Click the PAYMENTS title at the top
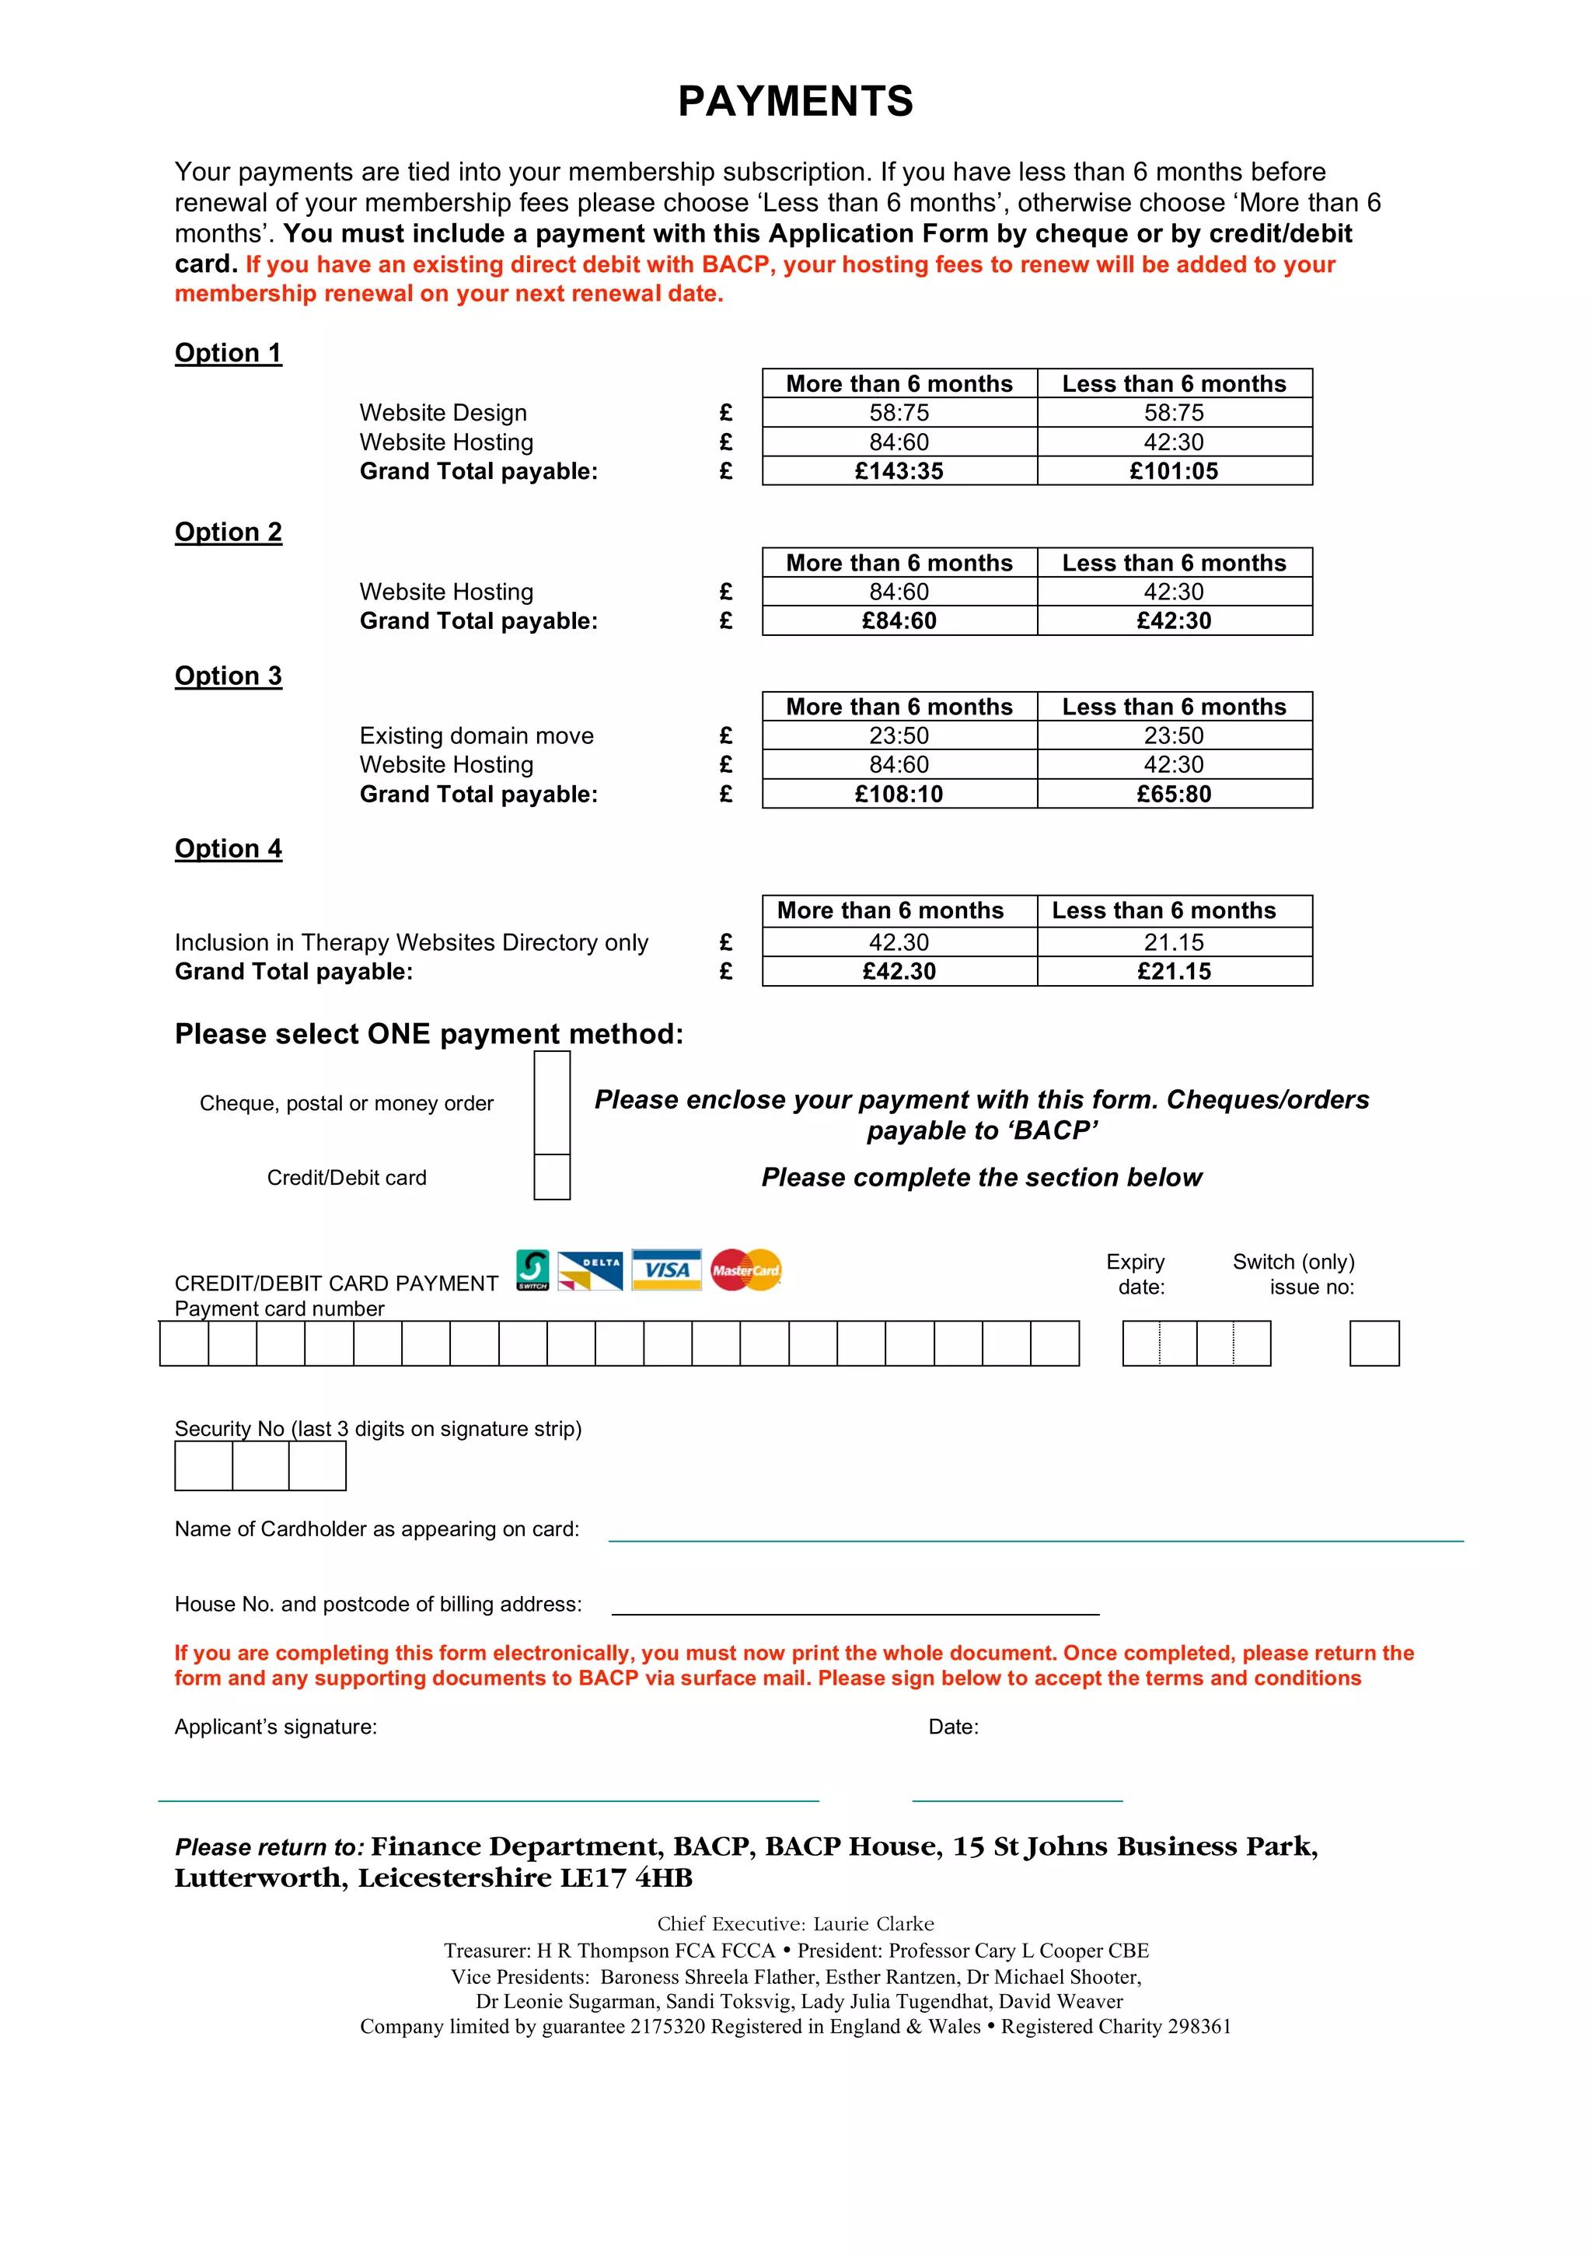795,101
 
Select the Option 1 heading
228,352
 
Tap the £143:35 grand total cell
899,471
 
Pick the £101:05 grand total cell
1173,471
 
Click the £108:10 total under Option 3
899,794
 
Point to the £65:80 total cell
1173,794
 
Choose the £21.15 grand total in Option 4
1173,972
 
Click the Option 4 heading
228,849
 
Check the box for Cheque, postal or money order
551,1103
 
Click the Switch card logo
532,1270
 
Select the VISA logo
666,1270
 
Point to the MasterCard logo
745,1270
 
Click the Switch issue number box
1374,1343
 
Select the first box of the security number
203,1466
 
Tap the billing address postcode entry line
854,1605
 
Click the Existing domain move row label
477,736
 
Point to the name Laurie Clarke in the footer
873,1923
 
